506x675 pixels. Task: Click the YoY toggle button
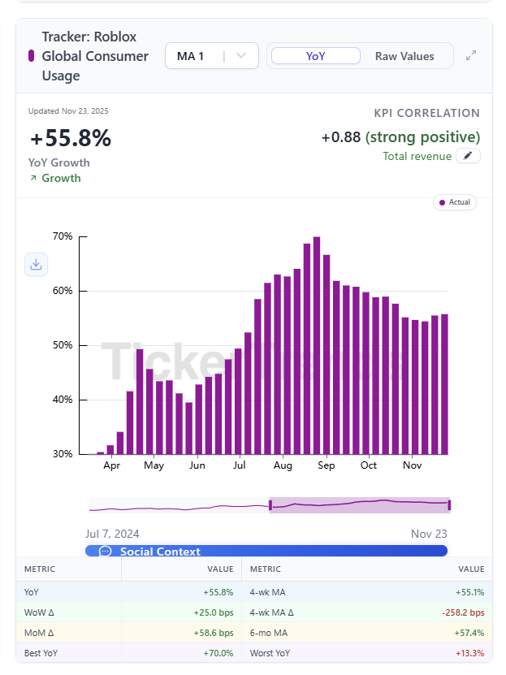315,56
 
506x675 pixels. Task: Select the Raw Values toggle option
404,56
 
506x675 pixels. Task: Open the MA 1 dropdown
211,56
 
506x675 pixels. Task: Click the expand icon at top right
471,56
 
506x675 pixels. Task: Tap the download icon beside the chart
36,264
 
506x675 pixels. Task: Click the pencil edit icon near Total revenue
468,156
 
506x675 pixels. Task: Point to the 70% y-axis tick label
63,236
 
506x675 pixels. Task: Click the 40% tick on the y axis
63,400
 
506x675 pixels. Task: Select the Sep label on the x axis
326,465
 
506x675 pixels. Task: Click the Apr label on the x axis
112,465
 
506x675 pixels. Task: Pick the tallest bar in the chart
317,345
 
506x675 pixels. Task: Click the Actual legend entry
455,202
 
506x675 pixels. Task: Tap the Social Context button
266,552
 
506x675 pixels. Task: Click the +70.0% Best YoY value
218,653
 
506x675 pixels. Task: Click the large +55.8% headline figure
70,139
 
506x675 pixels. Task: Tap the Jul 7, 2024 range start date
112,534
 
